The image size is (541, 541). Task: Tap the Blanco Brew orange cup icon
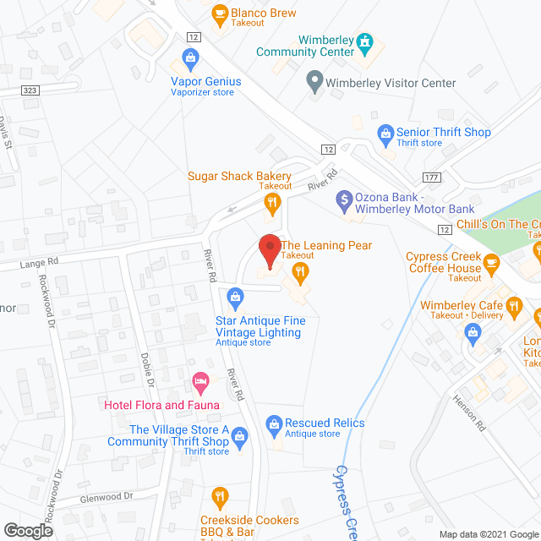(x=220, y=13)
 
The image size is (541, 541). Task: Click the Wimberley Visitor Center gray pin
(x=314, y=83)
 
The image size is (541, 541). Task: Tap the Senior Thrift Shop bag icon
(x=385, y=133)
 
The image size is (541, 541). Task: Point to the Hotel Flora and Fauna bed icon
(x=200, y=383)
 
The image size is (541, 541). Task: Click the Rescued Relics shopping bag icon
(x=273, y=423)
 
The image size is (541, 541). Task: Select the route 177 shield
(x=431, y=176)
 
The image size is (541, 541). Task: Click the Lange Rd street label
(x=41, y=265)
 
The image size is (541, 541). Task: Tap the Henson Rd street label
(x=471, y=413)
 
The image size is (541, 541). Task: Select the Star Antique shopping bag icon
(x=236, y=296)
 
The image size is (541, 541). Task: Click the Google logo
(x=28, y=530)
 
